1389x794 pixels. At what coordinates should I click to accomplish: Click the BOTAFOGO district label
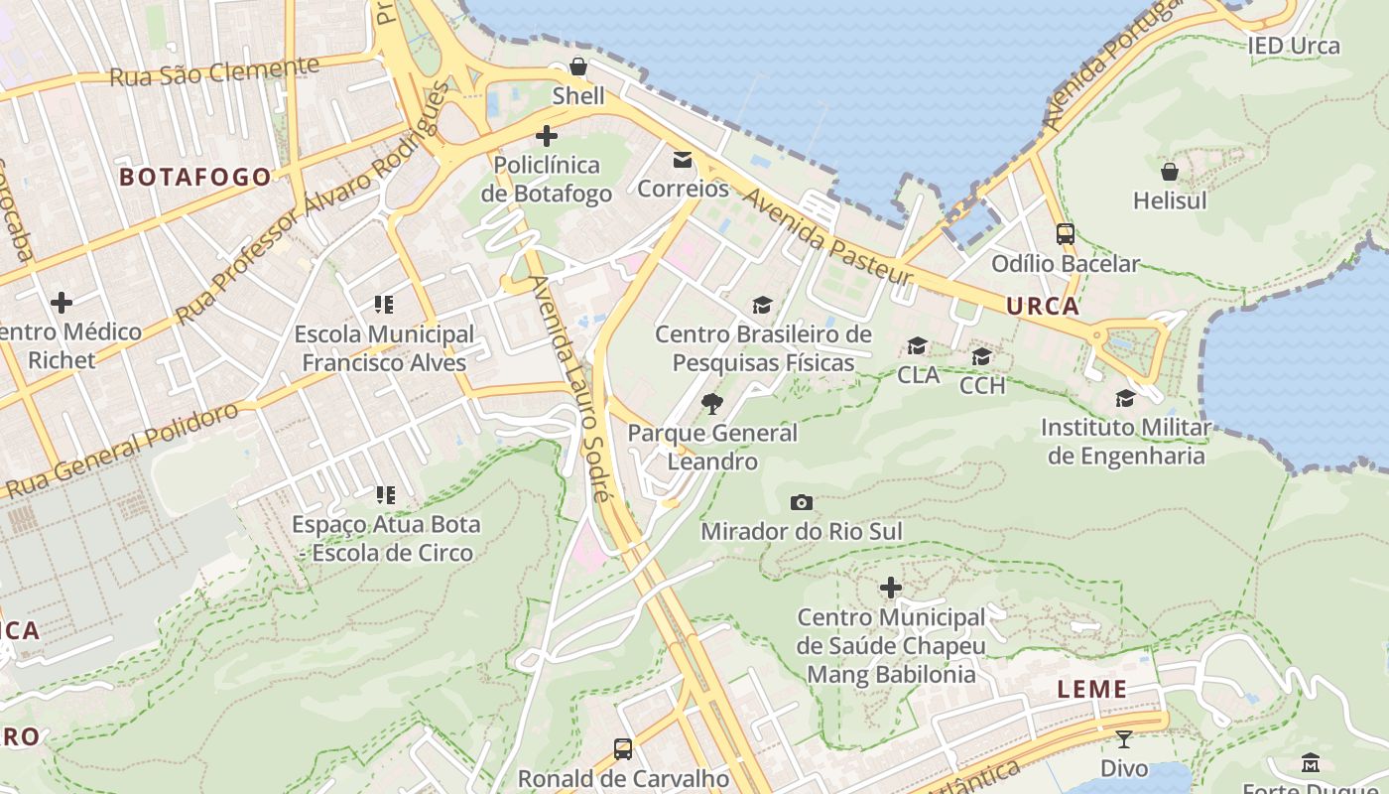pos(194,178)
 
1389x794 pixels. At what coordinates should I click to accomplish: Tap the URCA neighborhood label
pos(1043,307)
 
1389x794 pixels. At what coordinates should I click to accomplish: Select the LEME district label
pos(1091,689)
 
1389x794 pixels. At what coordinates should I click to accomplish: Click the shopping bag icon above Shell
pos(578,67)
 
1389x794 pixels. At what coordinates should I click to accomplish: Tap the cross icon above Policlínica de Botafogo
pos(546,136)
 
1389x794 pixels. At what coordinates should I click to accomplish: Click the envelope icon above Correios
pos(683,160)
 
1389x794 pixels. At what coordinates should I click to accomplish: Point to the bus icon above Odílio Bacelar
pos(1066,235)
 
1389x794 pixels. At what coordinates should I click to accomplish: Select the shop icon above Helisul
pos(1170,172)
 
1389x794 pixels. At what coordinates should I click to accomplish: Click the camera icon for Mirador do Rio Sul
pos(802,503)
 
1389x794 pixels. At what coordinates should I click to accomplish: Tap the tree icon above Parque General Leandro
pos(711,404)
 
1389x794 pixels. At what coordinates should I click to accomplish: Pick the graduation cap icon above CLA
pos(918,346)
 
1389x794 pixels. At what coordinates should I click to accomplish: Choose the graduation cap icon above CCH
pos(982,356)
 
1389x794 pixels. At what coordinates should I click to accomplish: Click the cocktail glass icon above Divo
pos(1123,739)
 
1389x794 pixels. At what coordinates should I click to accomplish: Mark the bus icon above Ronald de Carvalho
pos(623,749)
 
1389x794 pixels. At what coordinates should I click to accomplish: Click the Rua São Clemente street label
pos(213,72)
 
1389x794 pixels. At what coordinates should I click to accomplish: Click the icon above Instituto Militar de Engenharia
pos(1125,399)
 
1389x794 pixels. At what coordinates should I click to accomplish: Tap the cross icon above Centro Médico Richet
pos(62,303)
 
